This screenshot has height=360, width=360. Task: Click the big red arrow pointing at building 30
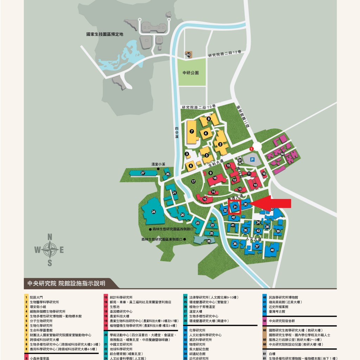tap(272, 204)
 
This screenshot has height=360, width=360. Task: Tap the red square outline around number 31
tap(234, 207)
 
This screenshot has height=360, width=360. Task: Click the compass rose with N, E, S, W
tap(50, 250)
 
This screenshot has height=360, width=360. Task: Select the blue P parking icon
tap(252, 159)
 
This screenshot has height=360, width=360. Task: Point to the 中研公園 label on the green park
tap(191, 73)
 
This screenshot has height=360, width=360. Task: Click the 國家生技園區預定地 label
tap(105, 34)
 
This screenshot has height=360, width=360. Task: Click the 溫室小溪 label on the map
tap(158, 164)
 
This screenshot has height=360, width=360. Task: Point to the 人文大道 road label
tap(254, 239)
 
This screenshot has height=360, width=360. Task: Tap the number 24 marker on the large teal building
tap(153, 212)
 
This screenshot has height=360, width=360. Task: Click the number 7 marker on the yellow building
tap(192, 131)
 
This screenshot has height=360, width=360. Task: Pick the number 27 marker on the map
tap(143, 173)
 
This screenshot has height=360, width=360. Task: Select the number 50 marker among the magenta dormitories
tap(282, 154)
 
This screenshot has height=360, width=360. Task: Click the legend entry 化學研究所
tap(197, 330)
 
